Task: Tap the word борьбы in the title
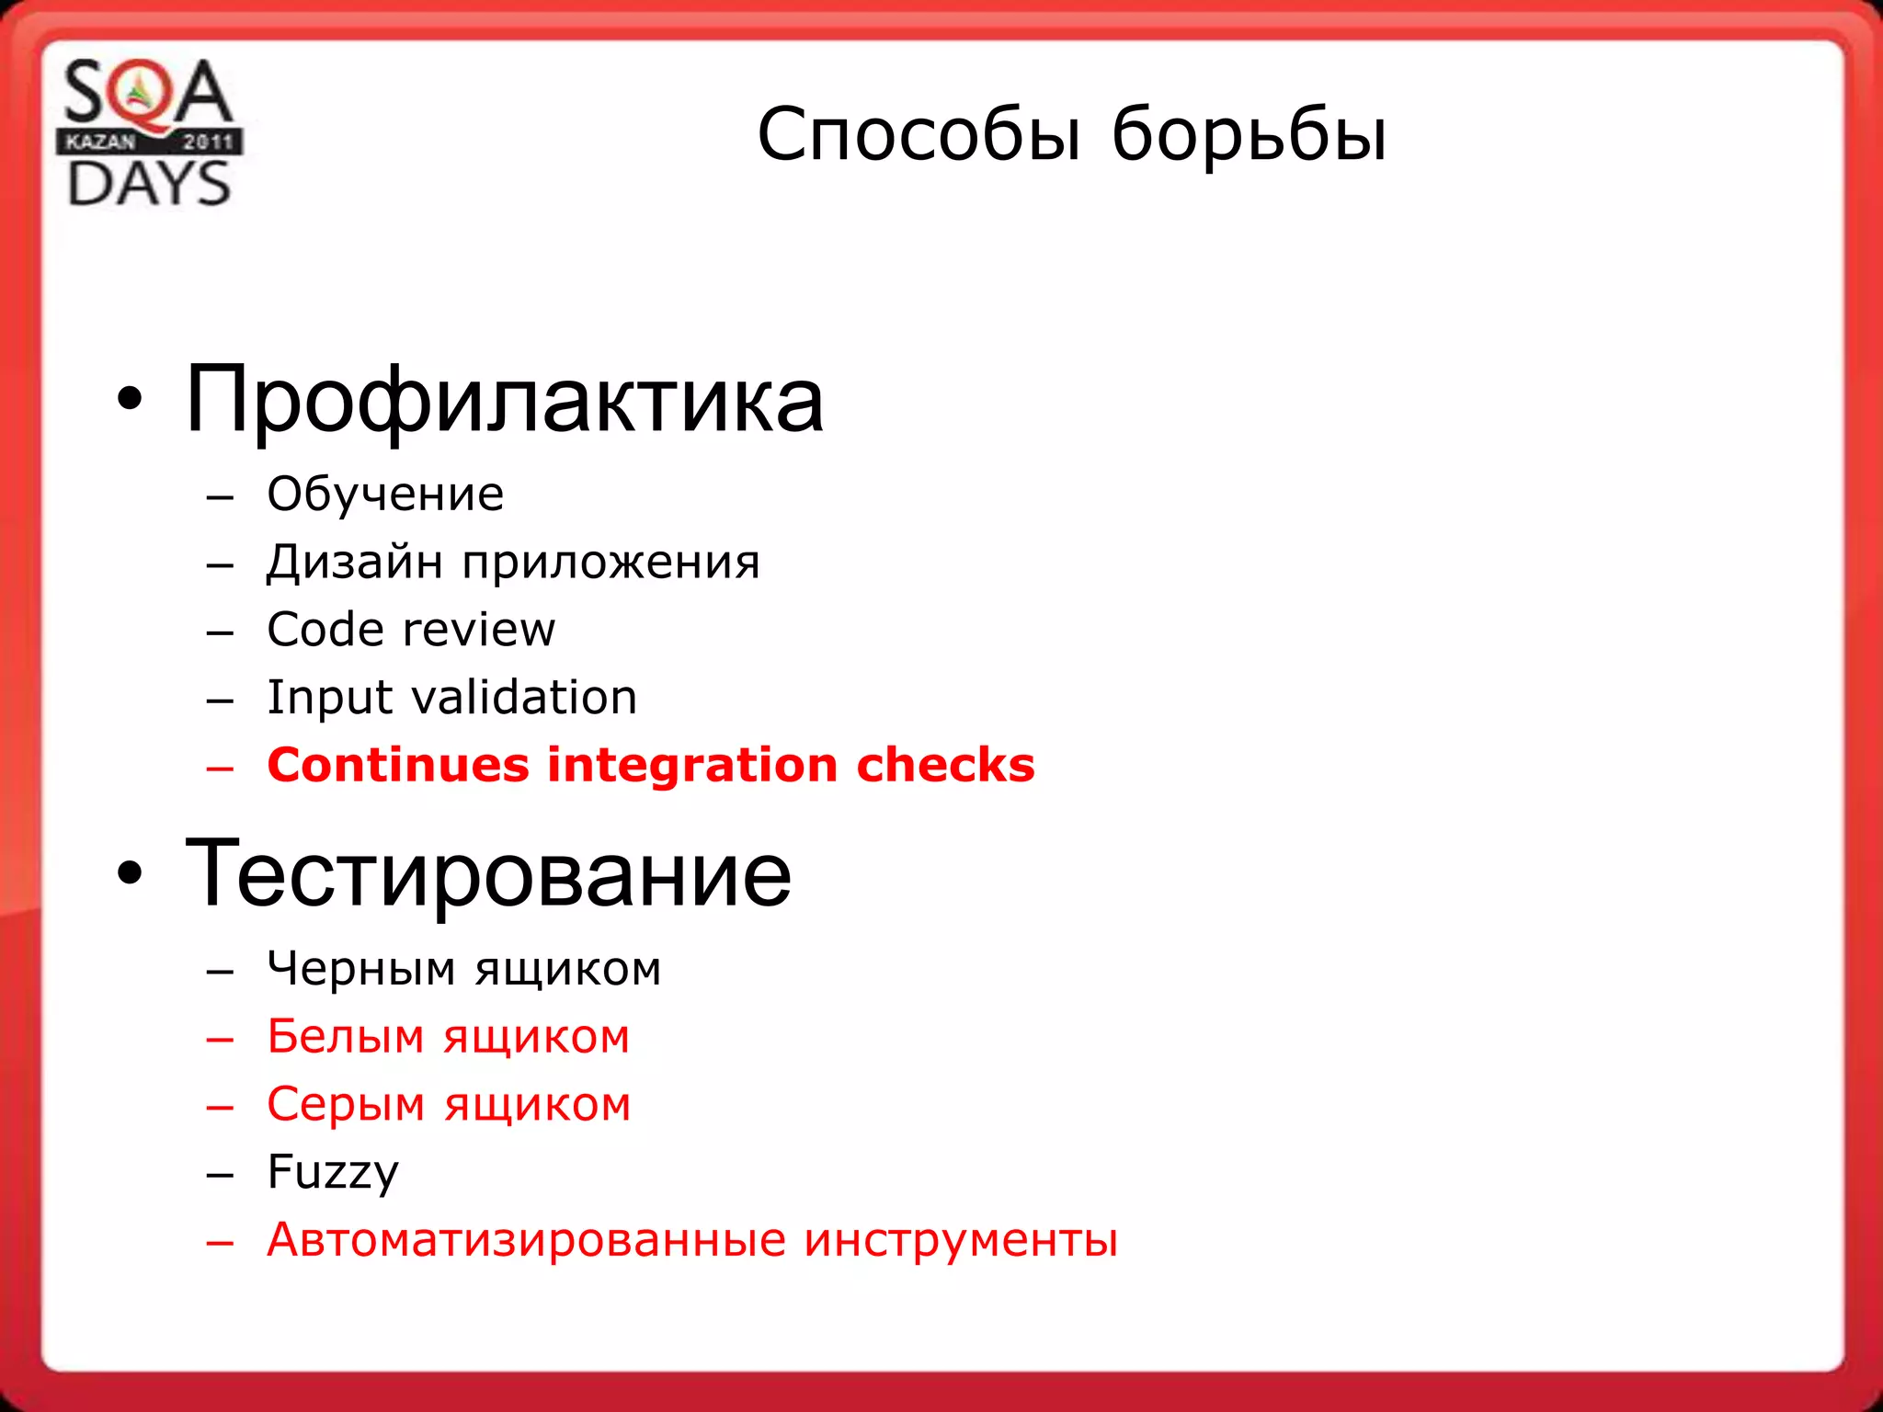point(1249,135)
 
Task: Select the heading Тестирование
point(487,874)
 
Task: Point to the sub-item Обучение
point(385,495)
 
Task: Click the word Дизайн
point(354,562)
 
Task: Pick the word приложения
point(611,564)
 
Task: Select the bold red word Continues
point(398,765)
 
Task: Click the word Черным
point(361,969)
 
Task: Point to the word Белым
point(346,1037)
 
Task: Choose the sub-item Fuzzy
point(333,1173)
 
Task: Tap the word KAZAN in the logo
point(100,142)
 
